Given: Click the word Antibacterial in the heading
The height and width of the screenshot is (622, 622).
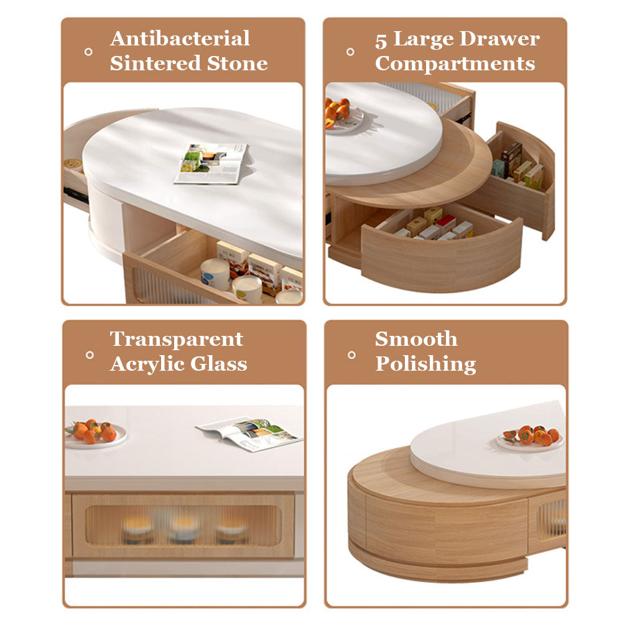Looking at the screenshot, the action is coord(180,39).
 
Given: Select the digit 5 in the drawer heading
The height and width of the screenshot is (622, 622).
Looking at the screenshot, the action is coord(381,41).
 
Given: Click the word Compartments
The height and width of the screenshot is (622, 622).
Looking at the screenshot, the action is coord(455,64).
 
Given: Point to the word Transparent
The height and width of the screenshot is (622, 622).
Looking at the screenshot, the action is coord(177,339).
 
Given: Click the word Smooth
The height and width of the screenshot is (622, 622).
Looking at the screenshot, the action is coord(416,339).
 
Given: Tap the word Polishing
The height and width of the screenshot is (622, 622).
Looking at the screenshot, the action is coord(425,364).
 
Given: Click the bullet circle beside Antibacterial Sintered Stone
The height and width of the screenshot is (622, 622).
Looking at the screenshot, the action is coord(88,52).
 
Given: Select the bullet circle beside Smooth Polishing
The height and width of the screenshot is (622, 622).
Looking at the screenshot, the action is coord(351,355).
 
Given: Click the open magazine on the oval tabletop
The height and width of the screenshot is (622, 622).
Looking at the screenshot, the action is coord(210,164).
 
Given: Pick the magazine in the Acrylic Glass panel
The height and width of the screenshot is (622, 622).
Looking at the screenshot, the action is coord(249,434).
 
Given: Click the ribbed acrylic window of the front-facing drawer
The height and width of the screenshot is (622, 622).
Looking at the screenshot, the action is coord(183,525).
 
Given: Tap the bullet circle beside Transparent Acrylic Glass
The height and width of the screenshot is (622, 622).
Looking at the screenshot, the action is coord(90,355).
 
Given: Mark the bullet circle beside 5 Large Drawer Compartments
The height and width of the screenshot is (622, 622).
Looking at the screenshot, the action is coord(350,52).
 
